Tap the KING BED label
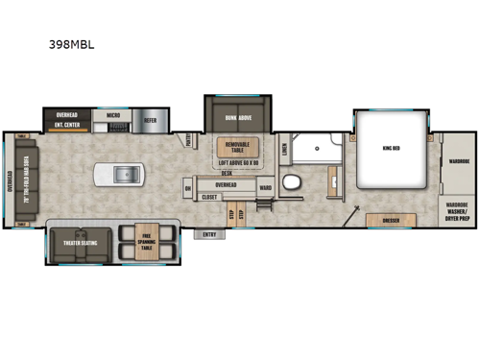389,149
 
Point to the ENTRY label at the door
209,233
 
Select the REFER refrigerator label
151,121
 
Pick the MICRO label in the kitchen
112,115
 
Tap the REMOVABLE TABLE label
236,148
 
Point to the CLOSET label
209,196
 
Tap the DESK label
227,174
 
